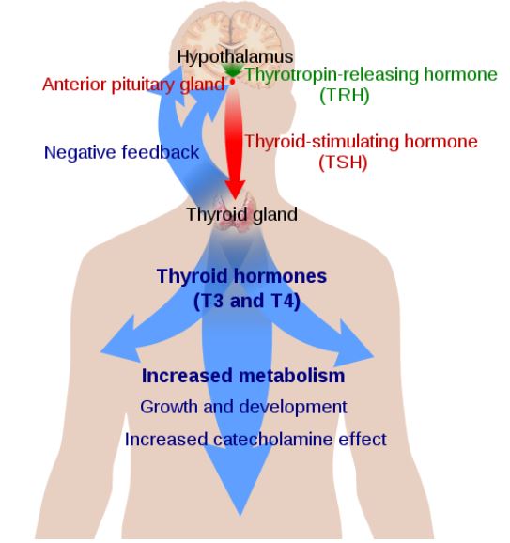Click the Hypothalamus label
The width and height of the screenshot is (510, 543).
click(x=235, y=57)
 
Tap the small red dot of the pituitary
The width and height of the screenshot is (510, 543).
click(x=233, y=82)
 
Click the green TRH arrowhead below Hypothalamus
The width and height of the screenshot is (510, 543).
click(x=233, y=70)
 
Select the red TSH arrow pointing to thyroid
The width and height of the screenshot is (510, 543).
click(x=234, y=142)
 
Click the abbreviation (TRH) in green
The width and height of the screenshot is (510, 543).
click(x=344, y=95)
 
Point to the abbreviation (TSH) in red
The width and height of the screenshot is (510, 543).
click(x=343, y=163)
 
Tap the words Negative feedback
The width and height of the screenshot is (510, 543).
click(x=121, y=152)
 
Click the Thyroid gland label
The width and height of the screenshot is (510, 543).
click(x=241, y=215)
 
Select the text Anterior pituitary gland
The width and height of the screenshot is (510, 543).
click(x=133, y=85)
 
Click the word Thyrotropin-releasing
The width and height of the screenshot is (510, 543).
click(x=332, y=75)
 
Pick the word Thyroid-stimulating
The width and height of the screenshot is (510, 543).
click(x=322, y=142)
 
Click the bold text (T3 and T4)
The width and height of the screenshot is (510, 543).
click(x=246, y=301)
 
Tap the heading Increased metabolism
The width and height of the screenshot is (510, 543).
click(x=243, y=376)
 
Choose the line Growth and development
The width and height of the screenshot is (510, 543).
click(x=243, y=407)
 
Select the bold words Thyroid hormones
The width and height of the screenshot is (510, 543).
click(x=241, y=276)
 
